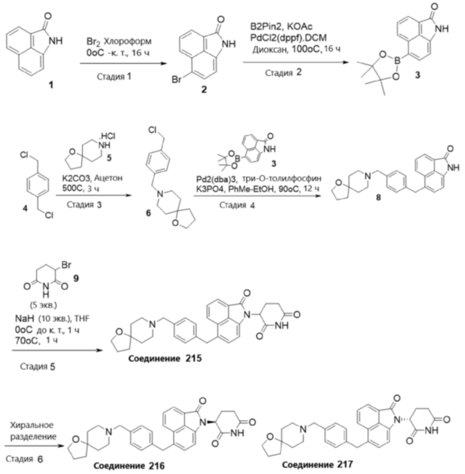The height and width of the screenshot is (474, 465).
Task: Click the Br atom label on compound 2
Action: pyautogui.click(x=176, y=79)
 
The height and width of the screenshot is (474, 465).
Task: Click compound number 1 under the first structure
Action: pyautogui.click(x=51, y=85)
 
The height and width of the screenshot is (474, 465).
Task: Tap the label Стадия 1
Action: pyautogui.click(x=114, y=76)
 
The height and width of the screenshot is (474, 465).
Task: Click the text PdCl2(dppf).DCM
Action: pyautogui.click(x=289, y=38)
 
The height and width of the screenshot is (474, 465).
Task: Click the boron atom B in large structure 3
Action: pyautogui.click(x=398, y=61)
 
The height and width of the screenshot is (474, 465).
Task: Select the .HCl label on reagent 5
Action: pyautogui.click(x=108, y=136)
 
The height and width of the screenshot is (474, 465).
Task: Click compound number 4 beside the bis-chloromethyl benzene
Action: pyautogui.click(x=26, y=208)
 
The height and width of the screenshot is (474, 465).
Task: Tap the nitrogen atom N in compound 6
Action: pyautogui.click(x=160, y=194)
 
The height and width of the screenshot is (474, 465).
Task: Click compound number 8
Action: pyautogui.click(x=378, y=198)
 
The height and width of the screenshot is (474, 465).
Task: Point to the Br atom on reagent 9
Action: pyautogui.click(x=66, y=265)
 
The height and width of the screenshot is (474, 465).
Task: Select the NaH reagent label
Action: pyautogui.click(x=24, y=318)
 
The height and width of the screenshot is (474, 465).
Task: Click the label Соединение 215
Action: pyautogui.click(x=165, y=359)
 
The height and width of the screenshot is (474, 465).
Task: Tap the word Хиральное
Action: pyautogui.click(x=32, y=425)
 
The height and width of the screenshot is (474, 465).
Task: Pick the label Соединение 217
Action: pyautogui.click(x=317, y=464)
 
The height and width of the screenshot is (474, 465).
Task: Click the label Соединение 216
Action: pyautogui.click(x=129, y=466)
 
